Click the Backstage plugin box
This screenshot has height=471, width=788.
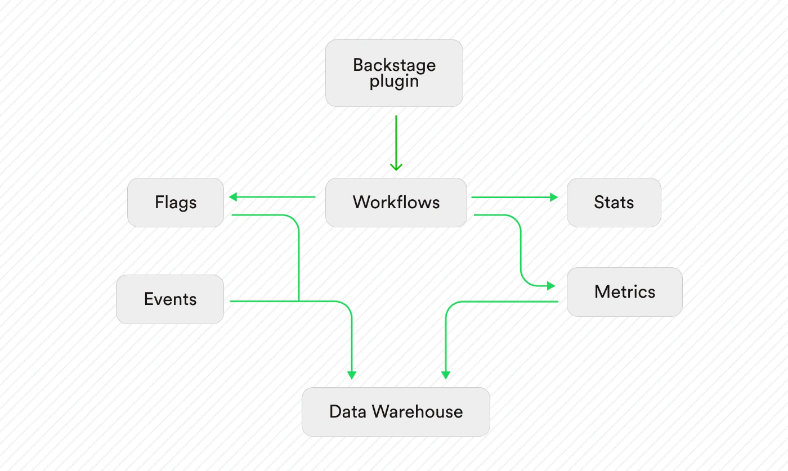tap(394, 73)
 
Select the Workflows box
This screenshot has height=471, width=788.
tap(396, 203)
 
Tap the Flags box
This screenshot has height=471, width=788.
tap(176, 203)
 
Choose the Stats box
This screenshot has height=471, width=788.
tap(614, 203)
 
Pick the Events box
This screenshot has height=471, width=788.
tap(170, 299)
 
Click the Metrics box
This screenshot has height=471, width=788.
tap(625, 292)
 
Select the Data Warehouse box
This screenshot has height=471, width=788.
tap(396, 412)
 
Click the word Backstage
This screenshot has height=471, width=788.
tap(395, 65)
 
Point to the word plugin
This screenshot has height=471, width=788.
tap(394, 82)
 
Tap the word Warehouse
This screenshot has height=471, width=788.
tap(417, 411)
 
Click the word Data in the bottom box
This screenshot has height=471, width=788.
tap(348, 411)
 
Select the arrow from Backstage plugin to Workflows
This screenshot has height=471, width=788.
tap(396, 143)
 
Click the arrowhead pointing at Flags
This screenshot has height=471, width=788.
tap(233, 197)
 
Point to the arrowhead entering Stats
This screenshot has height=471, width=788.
tap(554, 198)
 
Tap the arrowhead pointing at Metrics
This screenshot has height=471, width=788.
tap(551, 286)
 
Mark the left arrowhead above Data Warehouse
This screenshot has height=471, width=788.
tap(352, 375)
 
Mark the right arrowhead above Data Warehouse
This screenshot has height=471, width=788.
tap(446, 375)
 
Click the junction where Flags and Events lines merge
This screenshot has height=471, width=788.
tap(299, 301)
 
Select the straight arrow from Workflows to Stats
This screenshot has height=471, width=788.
tap(514, 198)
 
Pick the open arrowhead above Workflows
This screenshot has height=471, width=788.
tap(396, 167)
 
